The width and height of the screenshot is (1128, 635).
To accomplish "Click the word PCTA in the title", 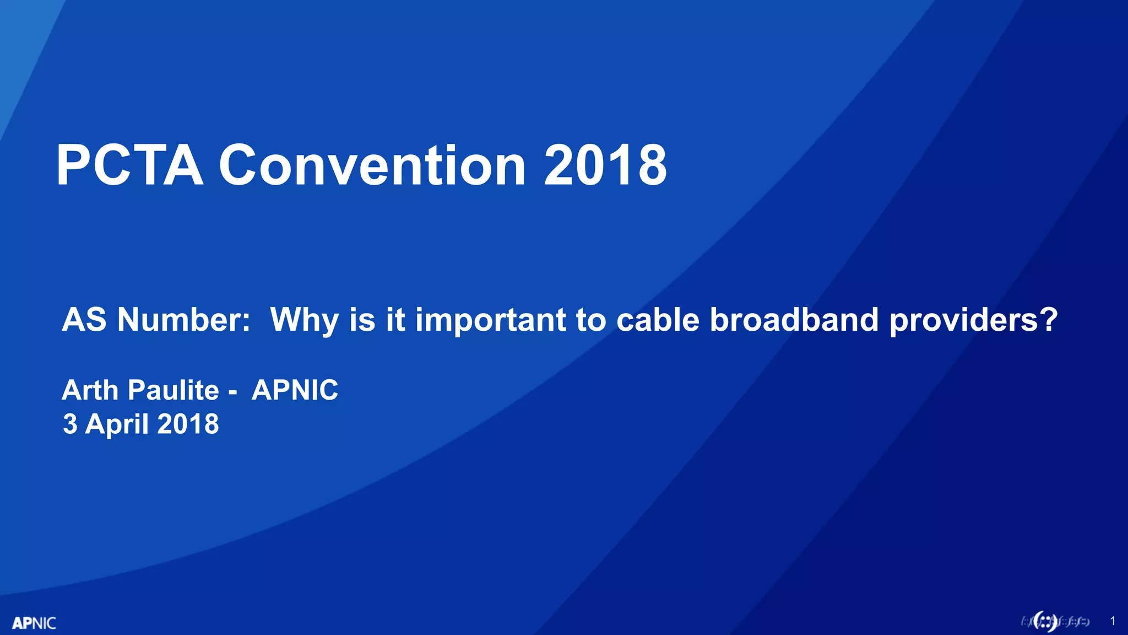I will pyautogui.click(x=130, y=165).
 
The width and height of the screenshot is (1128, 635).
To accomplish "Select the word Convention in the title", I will pyautogui.click(x=372, y=165).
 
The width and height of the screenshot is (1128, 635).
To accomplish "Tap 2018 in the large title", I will pyautogui.click(x=605, y=165).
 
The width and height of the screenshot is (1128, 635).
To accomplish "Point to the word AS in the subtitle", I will pyautogui.click(x=84, y=319).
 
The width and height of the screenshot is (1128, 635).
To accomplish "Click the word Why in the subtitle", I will pyautogui.click(x=303, y=320).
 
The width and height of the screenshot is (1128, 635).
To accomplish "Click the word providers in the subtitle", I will pyautogui.click(x=963, y=320).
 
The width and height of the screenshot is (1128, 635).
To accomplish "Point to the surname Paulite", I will pyautogui.click(x=173, y=390).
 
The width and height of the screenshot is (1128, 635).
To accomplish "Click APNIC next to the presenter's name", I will pyautogui.click(x=295, y=390).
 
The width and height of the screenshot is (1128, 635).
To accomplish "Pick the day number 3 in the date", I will pyautogui.click(x=70, y=424).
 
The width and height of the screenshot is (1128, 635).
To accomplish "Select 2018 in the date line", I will pyautogui.click(x=188, y=424).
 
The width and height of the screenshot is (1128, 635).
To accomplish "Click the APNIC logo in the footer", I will pyautogui.click(x=34, y=623).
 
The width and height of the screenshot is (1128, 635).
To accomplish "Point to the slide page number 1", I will pyautogui.click(x=1113, y=621).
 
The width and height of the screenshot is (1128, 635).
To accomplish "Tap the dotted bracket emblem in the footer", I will pyautogui.click(x=1045, y=621).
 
